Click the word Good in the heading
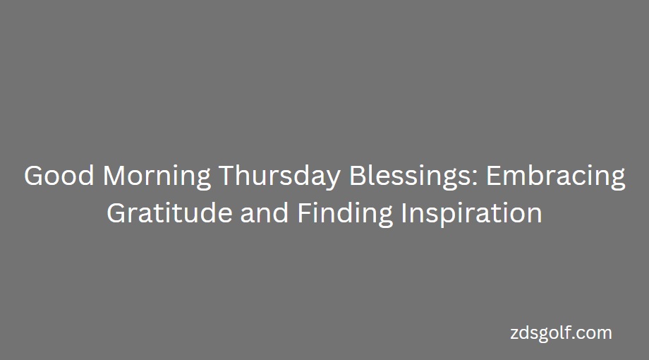click(59, 176)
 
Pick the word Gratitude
click(169, 213)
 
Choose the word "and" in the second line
click(264, 213)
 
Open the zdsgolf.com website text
click(561, 333)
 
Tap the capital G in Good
click(34, 176)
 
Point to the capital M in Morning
click(114, 176)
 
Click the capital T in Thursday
click(227, 176)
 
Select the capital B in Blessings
click(357, 176)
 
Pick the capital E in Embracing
click(493, 176)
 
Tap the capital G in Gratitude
click(116, 213)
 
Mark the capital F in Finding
click(304, 213)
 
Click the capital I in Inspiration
click(403, 213)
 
